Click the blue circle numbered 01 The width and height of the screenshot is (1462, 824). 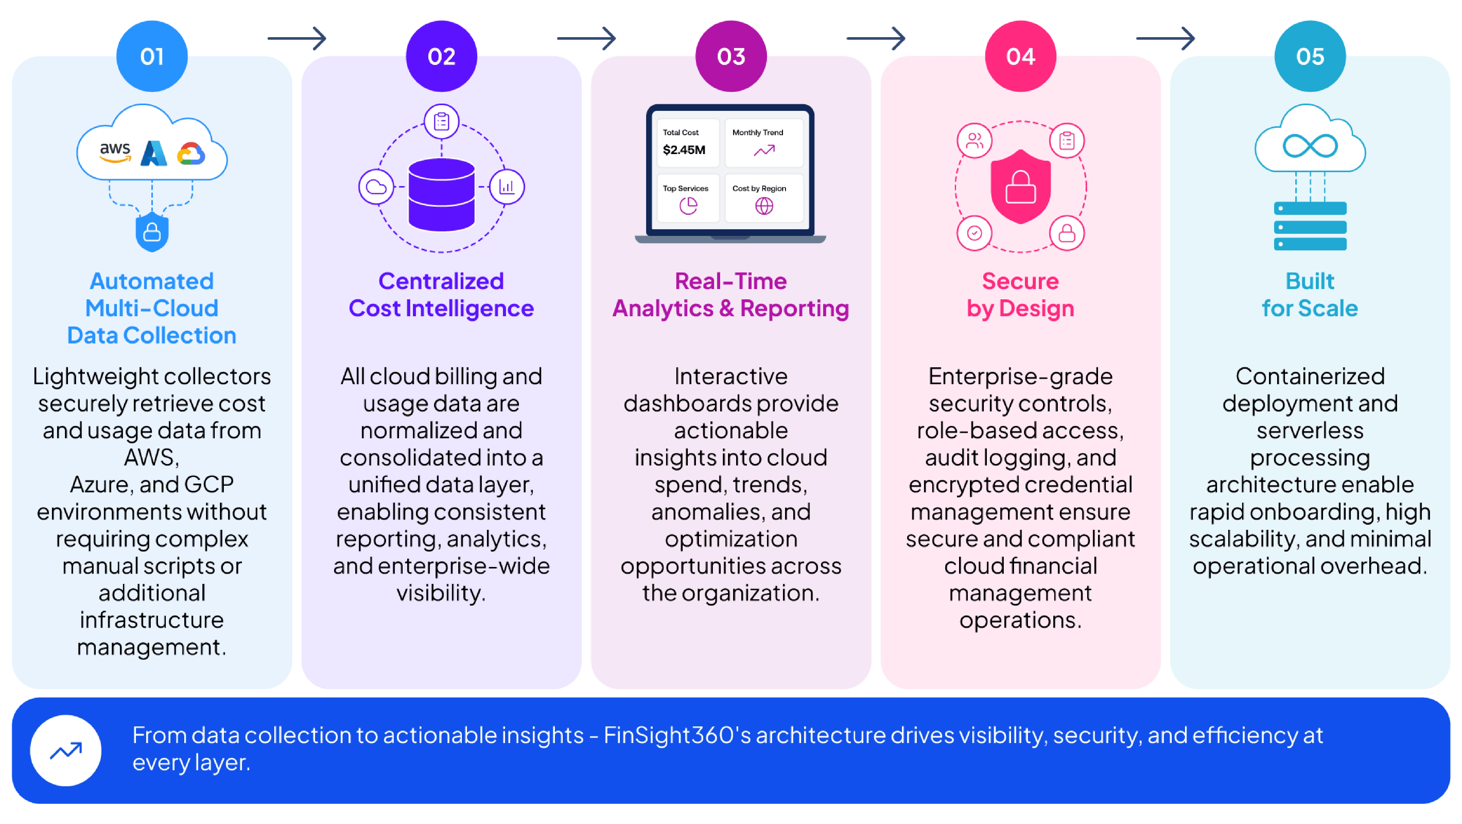click(x=152, y=56)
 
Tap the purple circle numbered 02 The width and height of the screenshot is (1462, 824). click(x=442, y=56)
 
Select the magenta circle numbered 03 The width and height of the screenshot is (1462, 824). click(x=731, y=56)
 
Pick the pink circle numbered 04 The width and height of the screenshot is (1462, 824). click(x=1020, y=56)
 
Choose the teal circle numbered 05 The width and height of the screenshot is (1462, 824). click(x=1310, y=56)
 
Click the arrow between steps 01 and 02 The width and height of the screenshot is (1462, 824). click(x=297, y=39)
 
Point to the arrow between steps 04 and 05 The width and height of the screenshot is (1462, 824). click(x=1165, y=39)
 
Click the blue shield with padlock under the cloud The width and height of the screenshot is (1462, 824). click(x=152, y=232)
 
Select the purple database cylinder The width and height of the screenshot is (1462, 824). click(x=442, y=195)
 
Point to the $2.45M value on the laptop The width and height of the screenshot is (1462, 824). click(x=684, y=150)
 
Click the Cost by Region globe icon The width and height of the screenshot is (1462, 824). click(x=764, y=205)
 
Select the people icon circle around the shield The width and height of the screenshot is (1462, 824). click(x=974, y=140)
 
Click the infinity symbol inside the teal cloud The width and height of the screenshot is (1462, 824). click(x=1310, y=146)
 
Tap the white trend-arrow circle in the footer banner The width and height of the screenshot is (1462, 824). click(x=66, y=750)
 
